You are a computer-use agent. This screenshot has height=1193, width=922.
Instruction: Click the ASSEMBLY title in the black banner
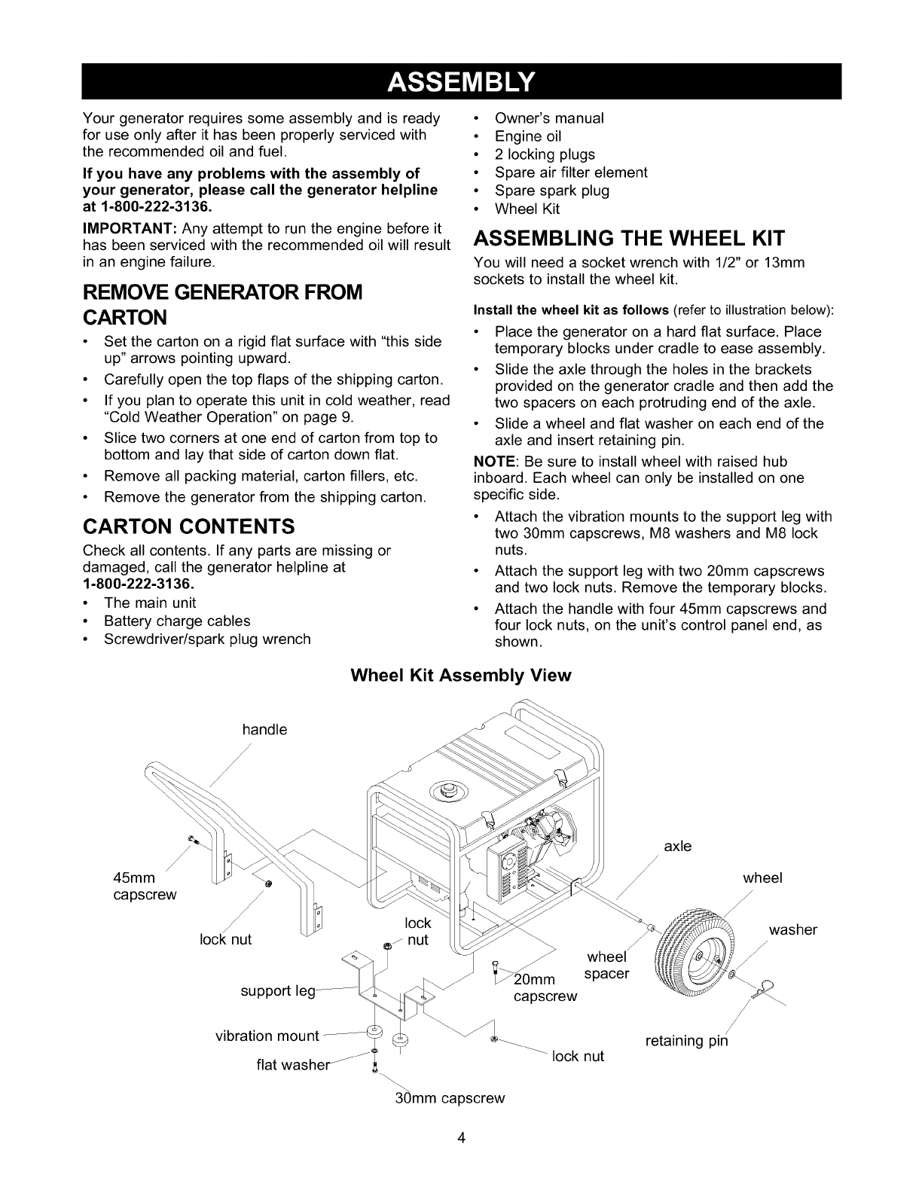[x=461, y=81]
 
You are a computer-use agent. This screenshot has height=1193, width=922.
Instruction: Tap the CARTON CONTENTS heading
[x=188, y=524]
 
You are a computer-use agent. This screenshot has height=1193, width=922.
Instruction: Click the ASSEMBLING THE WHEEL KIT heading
[x=629, y=239]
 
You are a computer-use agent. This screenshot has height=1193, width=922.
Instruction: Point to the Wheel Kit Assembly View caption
[x=461, y=675]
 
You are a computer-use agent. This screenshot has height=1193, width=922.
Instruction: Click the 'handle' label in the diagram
[x=264, y=729]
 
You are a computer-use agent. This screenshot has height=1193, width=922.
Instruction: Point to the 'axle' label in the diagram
[x=677, y=846]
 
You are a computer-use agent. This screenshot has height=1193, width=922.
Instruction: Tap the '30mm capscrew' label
[x=450, y=1097]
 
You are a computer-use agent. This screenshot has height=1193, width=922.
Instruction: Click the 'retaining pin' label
[x=687, y=1042]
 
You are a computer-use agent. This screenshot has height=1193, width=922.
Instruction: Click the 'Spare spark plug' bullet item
[x=551, y=191]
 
